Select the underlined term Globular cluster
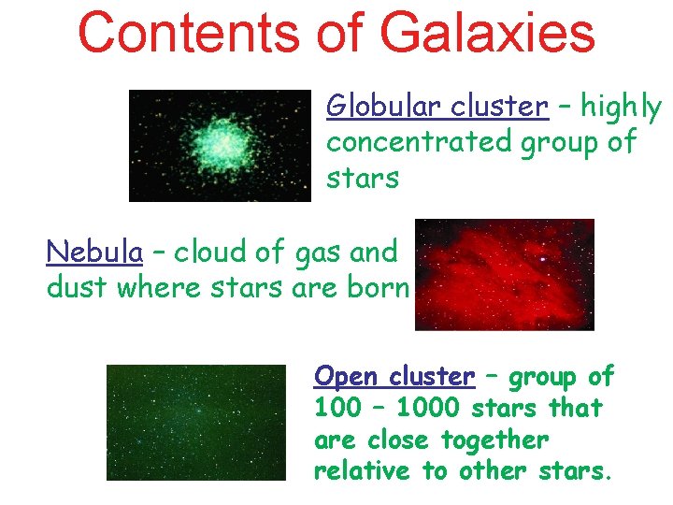(x=437, y=108)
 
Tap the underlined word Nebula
(x=94, y=252)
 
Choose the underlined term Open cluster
(x=394, y=377)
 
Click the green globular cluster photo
(x=219, y=145)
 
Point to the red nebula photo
(x=504, y=275)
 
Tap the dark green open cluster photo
(x=195, y=423)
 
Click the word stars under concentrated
(x=362, y=178)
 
